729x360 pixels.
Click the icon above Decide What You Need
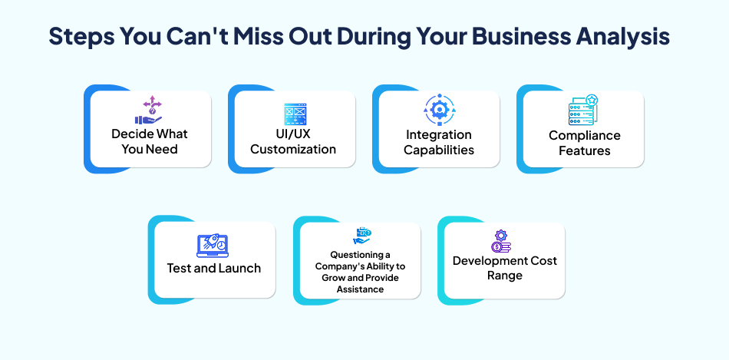click(x=149, y=111)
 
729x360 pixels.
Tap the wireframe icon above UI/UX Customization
click(x=295, y=114)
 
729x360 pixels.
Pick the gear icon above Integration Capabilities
click(x=439, y=111)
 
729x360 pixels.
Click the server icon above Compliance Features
click(x=583, y=110)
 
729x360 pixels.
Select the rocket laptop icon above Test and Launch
click(x=213, y=246)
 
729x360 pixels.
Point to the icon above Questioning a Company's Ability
click(x=361, y=236)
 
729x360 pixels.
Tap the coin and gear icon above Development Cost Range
click(x=502, y=241)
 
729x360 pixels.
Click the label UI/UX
click(x=292, y=134)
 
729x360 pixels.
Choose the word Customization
click(x=293, y=150)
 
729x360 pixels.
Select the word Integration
click(x=439, y=135)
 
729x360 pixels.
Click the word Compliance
click(x=585, y=135)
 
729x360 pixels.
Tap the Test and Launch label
click(x=214, y=269)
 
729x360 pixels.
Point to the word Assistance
click(x=361, y=289)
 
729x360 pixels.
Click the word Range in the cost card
click(x=504, y=276)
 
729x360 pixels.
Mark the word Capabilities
click(x=439, y=150)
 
